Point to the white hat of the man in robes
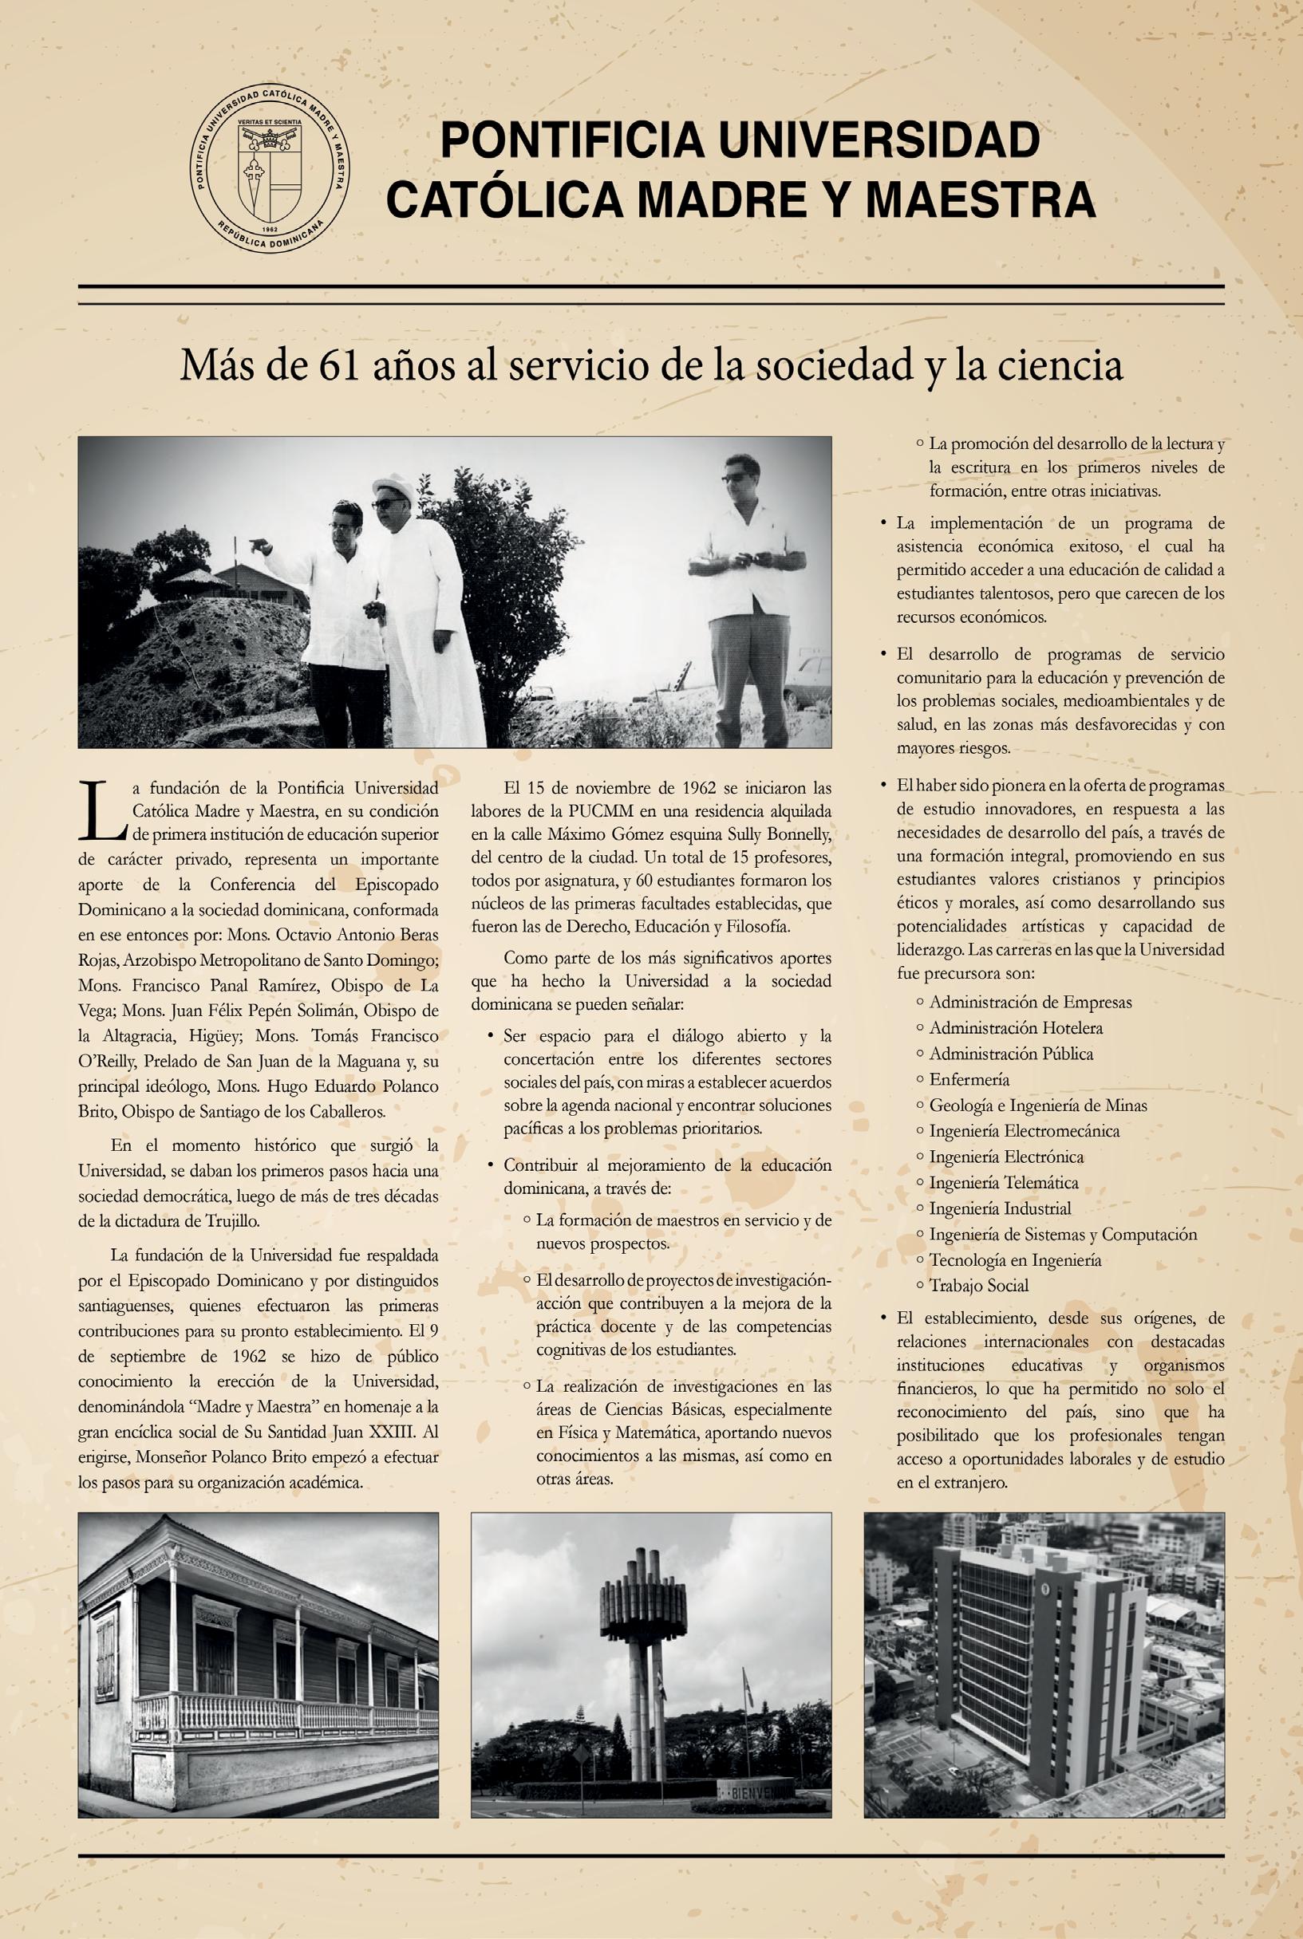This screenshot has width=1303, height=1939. pyautogui.click(x=389, y=485)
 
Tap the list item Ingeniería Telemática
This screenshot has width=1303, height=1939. pyautogui.click(x=1004, y=1182)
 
